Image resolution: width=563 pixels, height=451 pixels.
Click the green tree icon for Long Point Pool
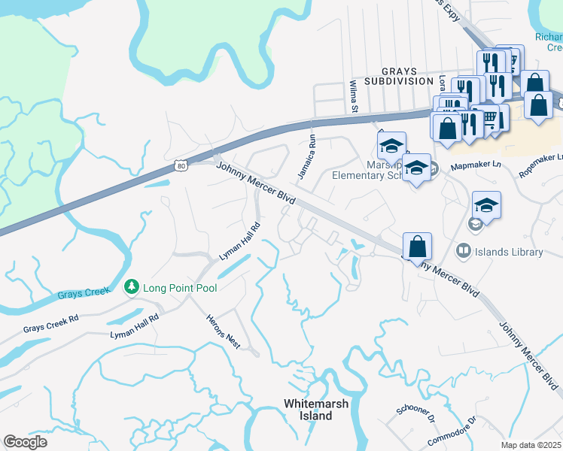[x=132, y=288]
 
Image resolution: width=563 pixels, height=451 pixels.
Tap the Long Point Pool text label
[x=179, y=289]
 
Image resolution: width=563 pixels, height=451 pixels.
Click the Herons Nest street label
[x=223, y=331]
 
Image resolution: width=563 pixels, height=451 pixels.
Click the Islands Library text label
[x=510, y=252]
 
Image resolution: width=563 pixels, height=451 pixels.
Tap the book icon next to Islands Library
[x=464, y=252]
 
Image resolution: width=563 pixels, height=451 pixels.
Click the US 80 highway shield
[x=179, y=165]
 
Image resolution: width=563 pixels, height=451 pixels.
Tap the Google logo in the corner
[x=26, y=442]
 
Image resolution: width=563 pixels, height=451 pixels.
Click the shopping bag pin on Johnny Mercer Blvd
[x=417, y=247]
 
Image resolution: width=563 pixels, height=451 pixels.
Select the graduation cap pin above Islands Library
[x=486, y=206]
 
